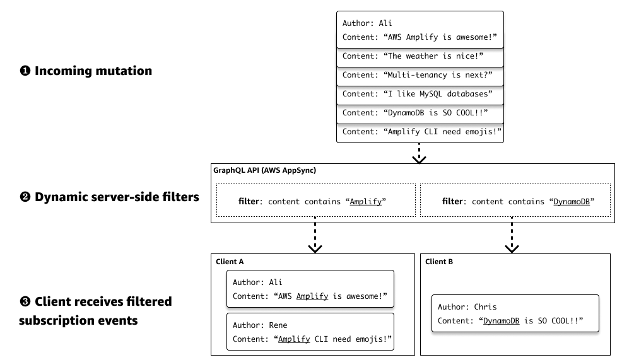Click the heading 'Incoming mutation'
[93, 71]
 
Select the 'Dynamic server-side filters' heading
[117, 197]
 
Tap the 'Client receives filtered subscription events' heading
[95, 310]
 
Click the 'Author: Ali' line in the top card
[367, 23]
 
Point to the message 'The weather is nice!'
[420, 56]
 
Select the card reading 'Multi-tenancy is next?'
[420, 75]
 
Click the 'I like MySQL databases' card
[420, 94]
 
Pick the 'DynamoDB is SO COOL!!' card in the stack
[420, 113]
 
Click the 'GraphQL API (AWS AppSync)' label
[266, 171]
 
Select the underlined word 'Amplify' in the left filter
[365, 202]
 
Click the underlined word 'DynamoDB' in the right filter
[571, 202]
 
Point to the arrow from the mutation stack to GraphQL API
[419, 154]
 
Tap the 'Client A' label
[231, 261]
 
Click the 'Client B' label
[439, 261]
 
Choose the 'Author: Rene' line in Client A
[260, 325]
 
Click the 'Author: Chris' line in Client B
[467, 307]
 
